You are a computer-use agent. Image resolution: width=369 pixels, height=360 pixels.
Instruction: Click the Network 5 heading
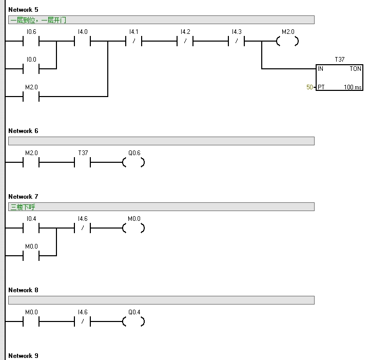coord(23,10)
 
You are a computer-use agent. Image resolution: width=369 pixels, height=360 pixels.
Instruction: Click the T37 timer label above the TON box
coord(340,60)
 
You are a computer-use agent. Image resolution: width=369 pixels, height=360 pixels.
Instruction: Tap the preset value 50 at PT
coord(309,87)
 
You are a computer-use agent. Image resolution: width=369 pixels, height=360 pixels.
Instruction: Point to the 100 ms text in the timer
coord(353,87)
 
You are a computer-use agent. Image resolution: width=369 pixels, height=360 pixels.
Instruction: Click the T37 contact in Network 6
coord(82,163)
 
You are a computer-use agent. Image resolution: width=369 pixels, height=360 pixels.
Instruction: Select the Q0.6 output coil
coord(133,163)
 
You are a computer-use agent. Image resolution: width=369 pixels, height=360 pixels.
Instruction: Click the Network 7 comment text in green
coord(23,207)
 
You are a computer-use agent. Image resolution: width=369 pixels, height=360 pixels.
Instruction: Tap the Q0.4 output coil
coord(133,322)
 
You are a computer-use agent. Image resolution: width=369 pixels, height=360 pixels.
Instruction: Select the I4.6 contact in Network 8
coord(82,322)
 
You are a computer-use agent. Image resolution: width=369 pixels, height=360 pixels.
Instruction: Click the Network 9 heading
coord(23,356)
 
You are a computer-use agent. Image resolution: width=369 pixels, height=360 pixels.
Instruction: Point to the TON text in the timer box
coord(355,69)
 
